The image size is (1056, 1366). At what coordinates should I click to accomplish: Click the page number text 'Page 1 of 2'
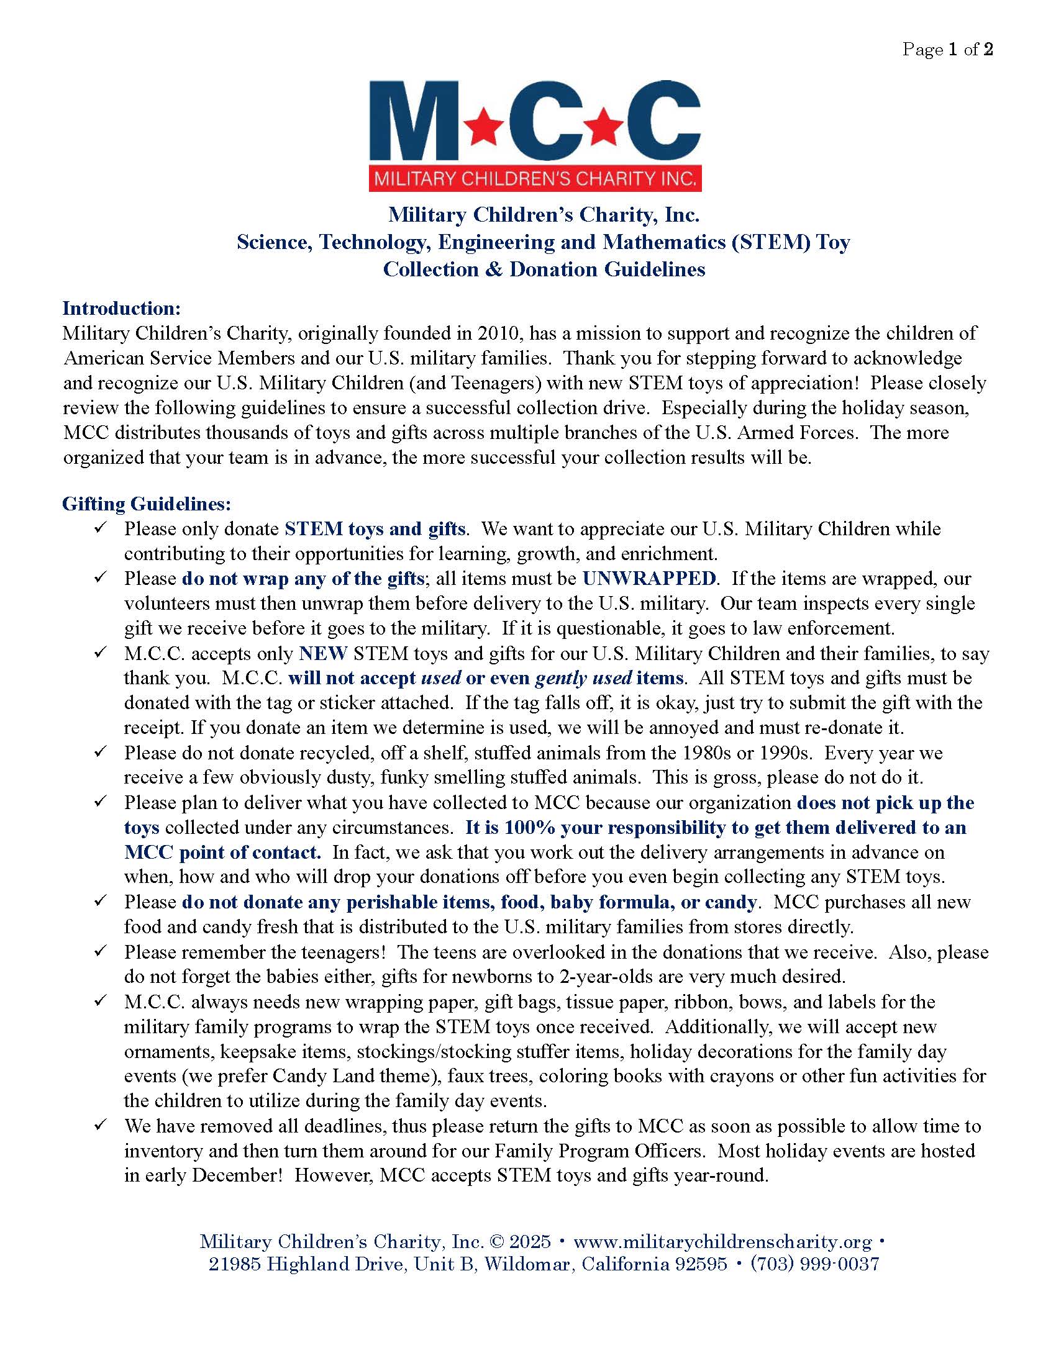[x=947, y=50]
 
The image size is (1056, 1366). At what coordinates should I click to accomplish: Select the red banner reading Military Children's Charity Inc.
[x=535, y=179]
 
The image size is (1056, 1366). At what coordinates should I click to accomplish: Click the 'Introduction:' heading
[x=122, y=309]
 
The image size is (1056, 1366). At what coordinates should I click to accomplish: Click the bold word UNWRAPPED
[x=649, y=578]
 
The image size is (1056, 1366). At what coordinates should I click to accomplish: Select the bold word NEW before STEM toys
[x=323, y=653]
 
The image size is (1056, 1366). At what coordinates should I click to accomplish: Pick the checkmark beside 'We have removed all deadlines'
[x=100, y=1125]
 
